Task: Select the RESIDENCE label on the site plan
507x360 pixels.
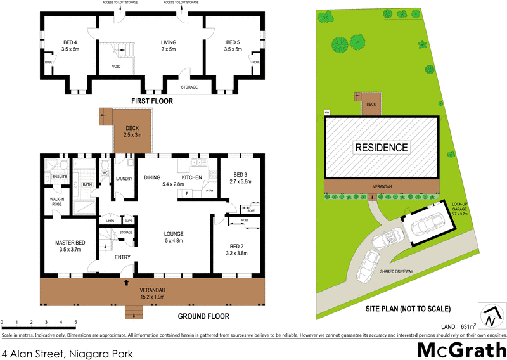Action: click(x=382, y=148)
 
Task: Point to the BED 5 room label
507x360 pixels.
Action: click(x=234, y=46)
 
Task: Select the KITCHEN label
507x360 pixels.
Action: click(x=192, y=177)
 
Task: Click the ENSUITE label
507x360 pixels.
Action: click(x=60, y=177)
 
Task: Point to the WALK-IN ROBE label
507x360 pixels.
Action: click(x=57, y=202)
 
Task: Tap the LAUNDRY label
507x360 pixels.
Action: click(x=124, y=179)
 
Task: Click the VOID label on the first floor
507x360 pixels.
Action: click(x=116, y=65)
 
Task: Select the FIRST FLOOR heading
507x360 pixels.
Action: click(x=151, y=101)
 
